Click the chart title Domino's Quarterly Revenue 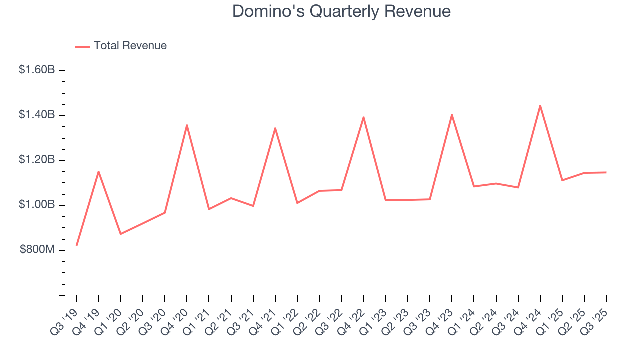click(341, 11)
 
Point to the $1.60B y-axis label click(37, 70)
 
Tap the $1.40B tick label click(37, 115)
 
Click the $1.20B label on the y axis click(37, 160)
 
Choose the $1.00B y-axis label click(37, 205)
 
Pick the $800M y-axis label click(37, 250)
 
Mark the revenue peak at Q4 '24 click(540, 105)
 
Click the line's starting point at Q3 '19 click(76, 245)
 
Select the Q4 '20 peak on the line click(187, 125)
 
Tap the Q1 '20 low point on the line click(121, 234)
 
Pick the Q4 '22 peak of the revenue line click(363, 117)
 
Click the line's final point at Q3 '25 click(606, 172)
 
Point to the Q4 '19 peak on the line click(99, 171)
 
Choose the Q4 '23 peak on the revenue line click(452, 115)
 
